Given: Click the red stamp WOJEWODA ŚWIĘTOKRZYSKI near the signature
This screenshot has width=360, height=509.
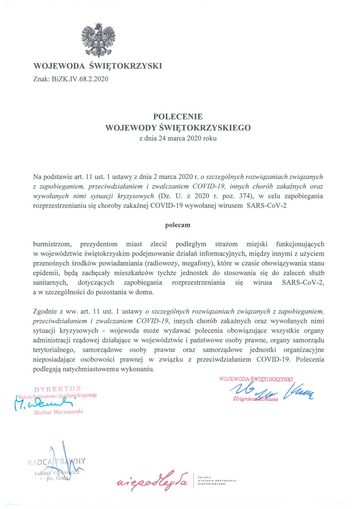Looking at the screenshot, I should coord(256,378).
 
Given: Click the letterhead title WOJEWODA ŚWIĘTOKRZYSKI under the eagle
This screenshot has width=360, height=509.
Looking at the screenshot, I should coord(98,66).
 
